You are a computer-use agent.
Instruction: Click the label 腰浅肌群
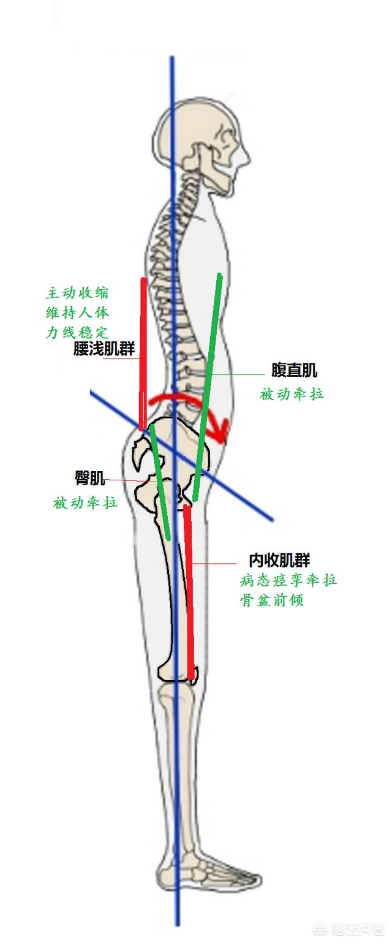pyautogui.click(x=104, y=349)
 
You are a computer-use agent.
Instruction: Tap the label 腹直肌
pyautogui.click(x=294, y=370)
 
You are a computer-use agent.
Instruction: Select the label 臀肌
pyautogui.click(x=89, y=479)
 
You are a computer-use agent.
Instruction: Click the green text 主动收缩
pyautogui.click(x=78, y=292)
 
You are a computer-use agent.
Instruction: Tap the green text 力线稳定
pyautogui.click(x=78, y=332)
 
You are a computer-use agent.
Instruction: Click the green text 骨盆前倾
pyautogui.click(x=271, y=600)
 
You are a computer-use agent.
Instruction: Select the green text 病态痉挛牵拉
pyautogui.click(x=288, y=580)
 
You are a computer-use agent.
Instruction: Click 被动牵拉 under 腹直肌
pyautogui.click(x=292, y=394)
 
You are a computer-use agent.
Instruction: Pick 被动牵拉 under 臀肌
pyautogui.click(x=85, y=503)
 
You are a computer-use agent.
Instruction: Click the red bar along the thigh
pyautogui.click(x=189, y=588)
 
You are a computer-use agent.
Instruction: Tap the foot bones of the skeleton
pyautogui.click(x=208, y=870)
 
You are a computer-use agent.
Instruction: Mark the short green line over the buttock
pyautogui.click(x=160, y=484)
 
